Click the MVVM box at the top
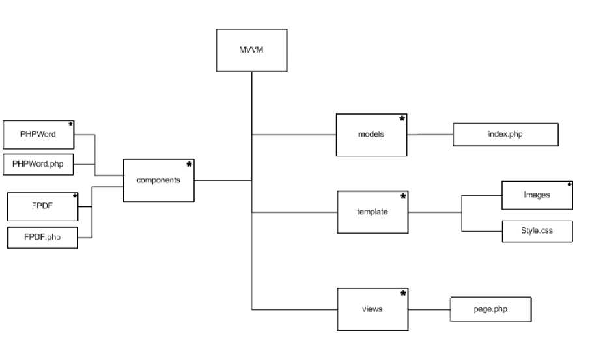pyautogui.click(x=251, y=49)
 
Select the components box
pyautogui.click(x=159, y=180)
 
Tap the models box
pyautogui.click(x=371, y=135)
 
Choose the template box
pyautogui.click(x=372, y=212)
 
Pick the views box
pyautogui.click(x=372, y=309)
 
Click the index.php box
pyautogui.click(x=505, y=134)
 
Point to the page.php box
pyautogui.click(x=491, y=309)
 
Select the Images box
pyautogui.click(x=537, y=195)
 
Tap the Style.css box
pyautogui.click(x=537, y=230)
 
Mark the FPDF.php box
pyautogui.click(x=42, y=237)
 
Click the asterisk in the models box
pyautogui.click(x=402, y=119)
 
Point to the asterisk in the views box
pyautogui.click(x=403, y=294)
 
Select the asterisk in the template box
pyautogui.click(x=403, y=196)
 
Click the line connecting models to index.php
pyautogui.click(x=430, y=135)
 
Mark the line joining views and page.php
pyautogui.click(x=428, y=309)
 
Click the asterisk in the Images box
pyautogui.click(x=569, y=184)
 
